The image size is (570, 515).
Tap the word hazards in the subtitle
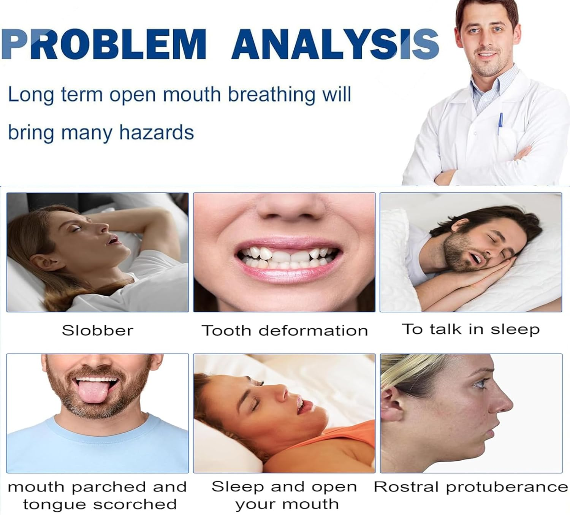[x=157, y=133]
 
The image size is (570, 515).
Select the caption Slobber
[x=98, y=330]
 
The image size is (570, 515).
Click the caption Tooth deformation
[x=285, y=330]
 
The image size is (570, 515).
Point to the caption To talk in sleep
[x=470, y=329]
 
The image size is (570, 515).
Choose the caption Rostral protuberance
[x=470, y=487]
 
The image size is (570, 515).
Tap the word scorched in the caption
[x=135, y=504]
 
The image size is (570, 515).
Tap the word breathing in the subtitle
[x=271, y=95]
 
